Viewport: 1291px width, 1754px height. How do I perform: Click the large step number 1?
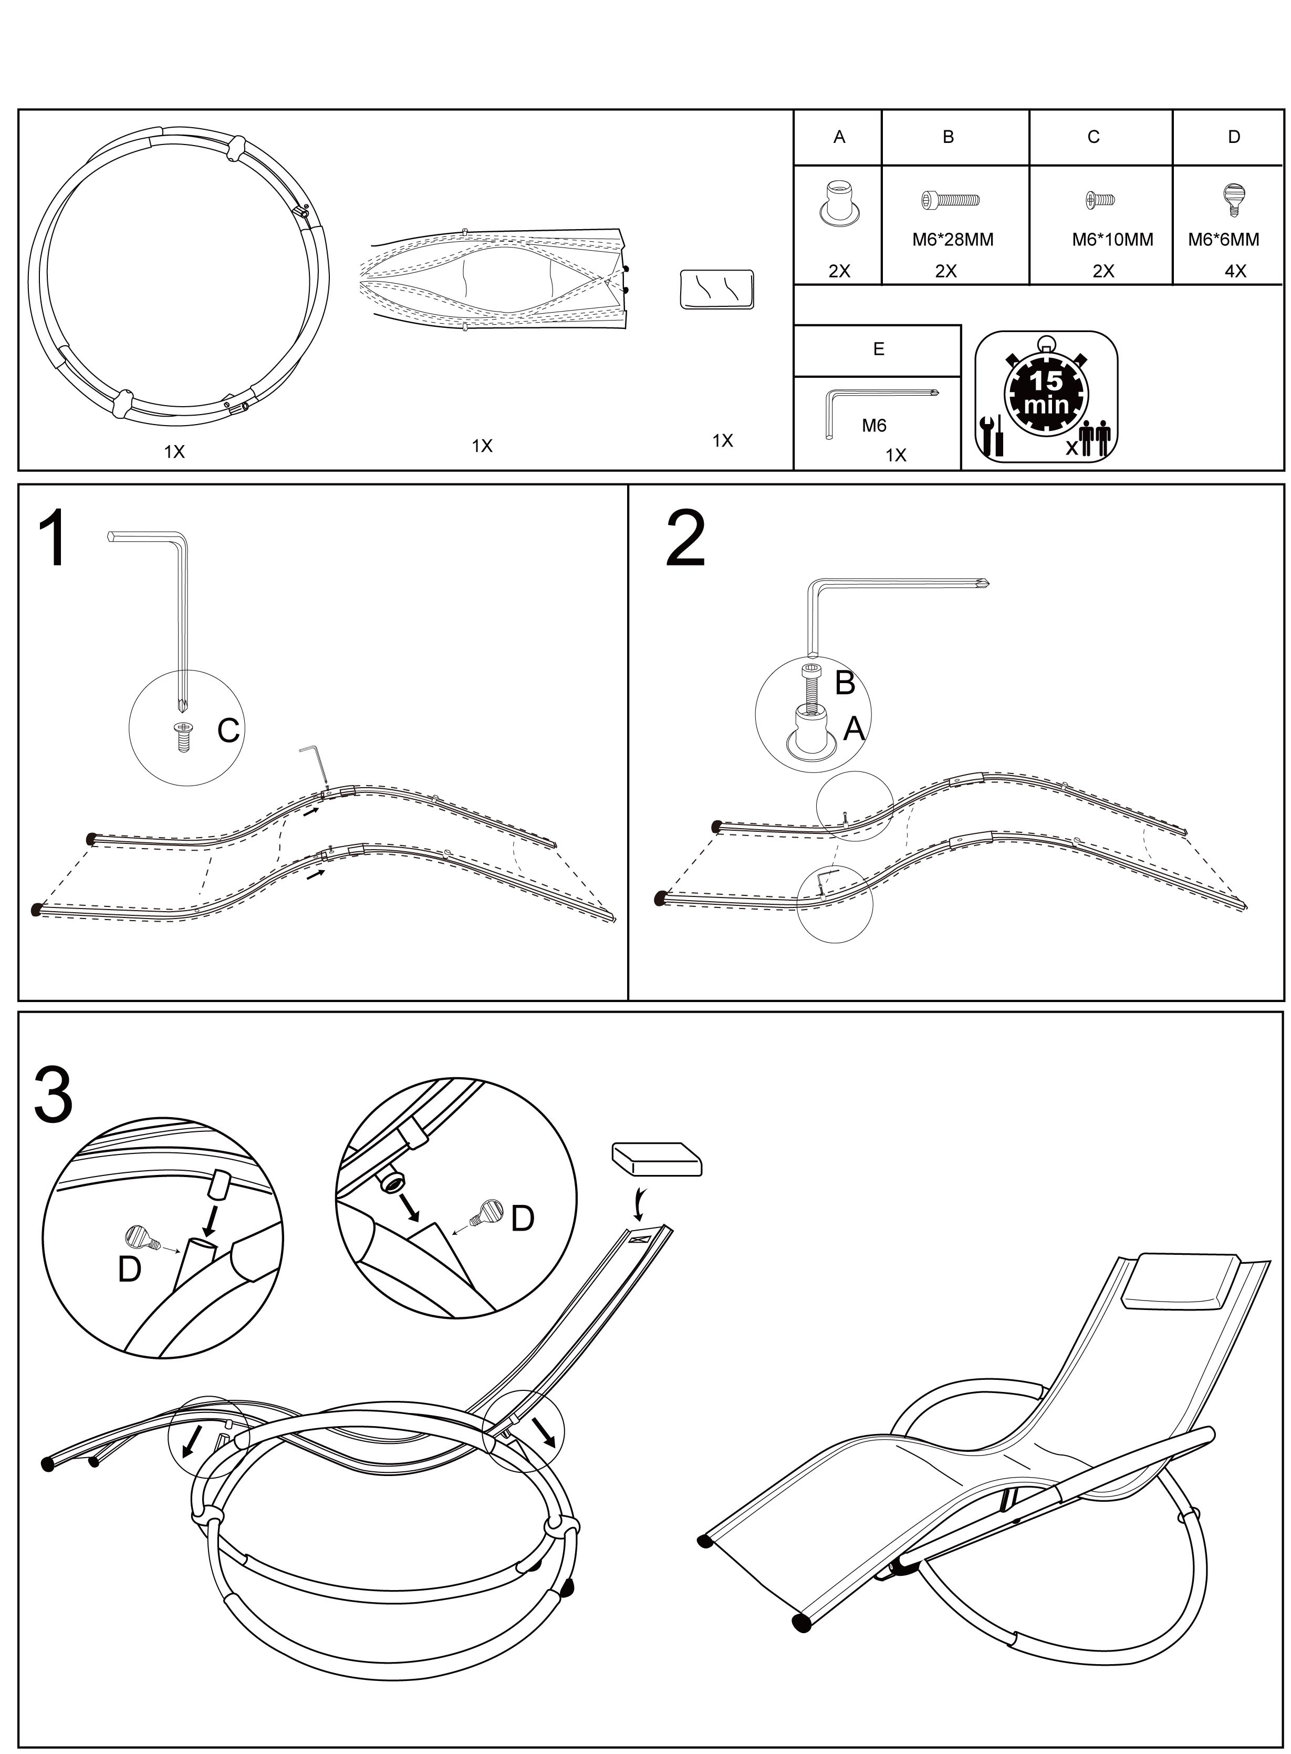click(x=53, y=539)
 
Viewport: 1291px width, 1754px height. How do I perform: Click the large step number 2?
click(x=685, y=539)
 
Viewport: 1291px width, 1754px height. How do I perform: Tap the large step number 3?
click(x=53, y=1095)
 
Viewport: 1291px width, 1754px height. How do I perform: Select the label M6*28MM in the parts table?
click(x=953, y=240)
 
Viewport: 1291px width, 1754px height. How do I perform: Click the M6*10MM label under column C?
click(x=1112, y=240)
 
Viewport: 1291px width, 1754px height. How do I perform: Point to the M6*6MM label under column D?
click(x=1223, y=240)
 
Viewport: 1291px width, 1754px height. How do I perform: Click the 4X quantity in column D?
click(x=1235, y=271)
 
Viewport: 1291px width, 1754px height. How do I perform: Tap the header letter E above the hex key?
click(x=878, y=349)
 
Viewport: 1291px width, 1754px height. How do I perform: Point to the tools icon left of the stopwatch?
click(x=992, y=436)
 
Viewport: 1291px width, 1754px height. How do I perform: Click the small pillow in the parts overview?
click(x=716, y=290)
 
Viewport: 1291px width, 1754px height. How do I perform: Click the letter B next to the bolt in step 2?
click(x=845, y=683)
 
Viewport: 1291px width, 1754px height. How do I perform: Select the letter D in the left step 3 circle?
click(x=129, y=1270)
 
